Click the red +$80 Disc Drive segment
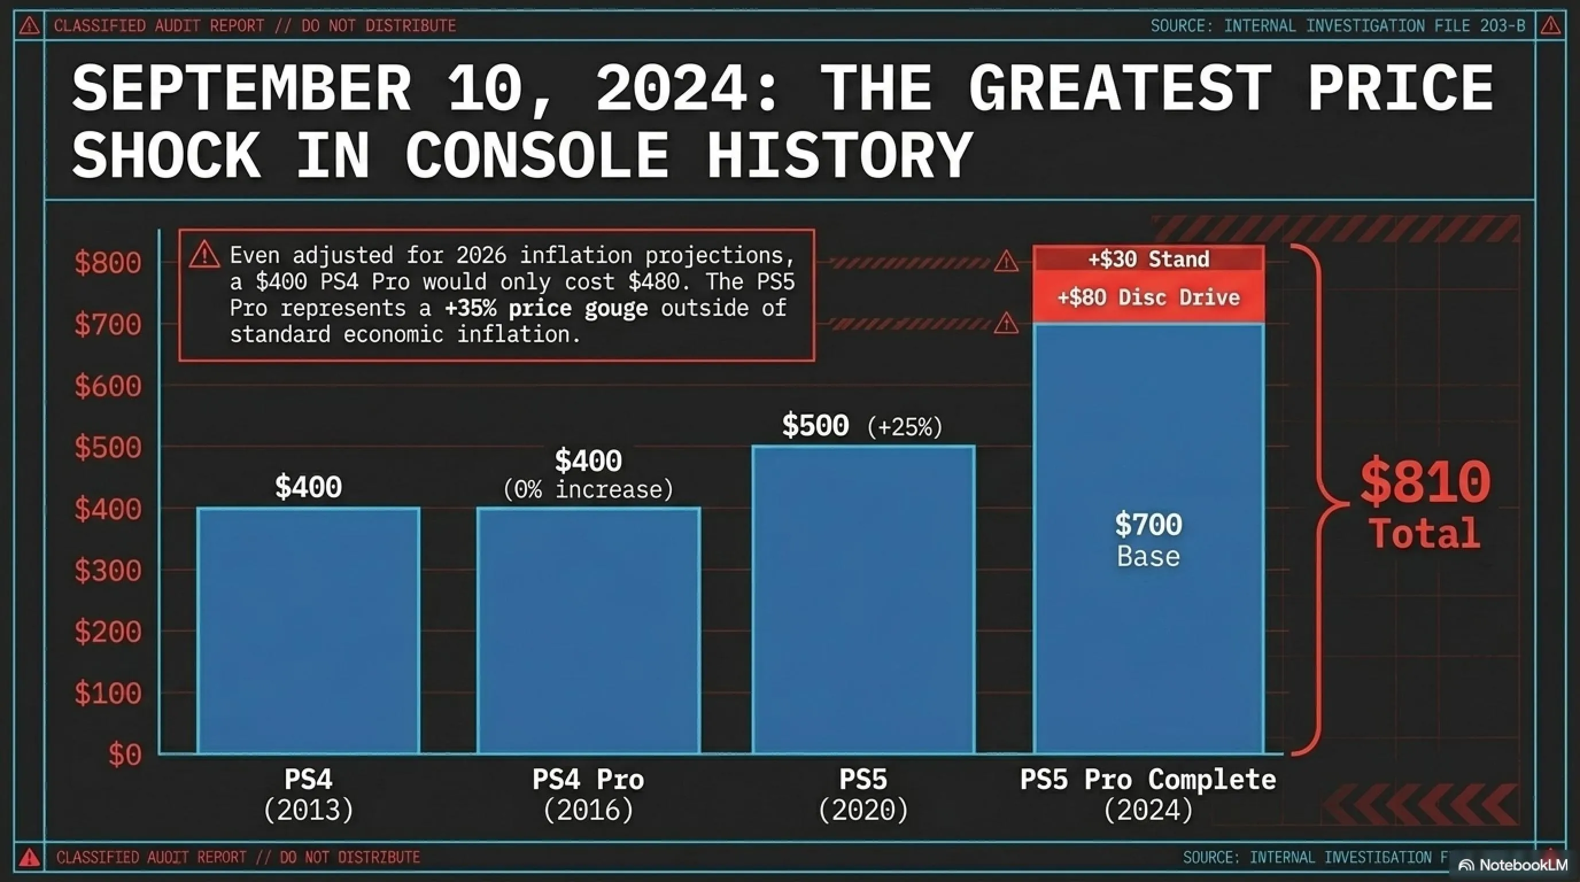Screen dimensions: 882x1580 coord(1148,298)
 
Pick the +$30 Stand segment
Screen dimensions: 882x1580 coord(1148,259)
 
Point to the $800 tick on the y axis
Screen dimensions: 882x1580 coord(108,263)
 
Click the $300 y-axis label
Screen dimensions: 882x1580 coord(108,570)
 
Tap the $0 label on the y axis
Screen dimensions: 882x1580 coord(125,755)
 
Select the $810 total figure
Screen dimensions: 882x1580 coord(1425,482)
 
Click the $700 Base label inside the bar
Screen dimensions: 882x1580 coord(1148,540)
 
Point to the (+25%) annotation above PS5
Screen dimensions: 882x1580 coord(905,427)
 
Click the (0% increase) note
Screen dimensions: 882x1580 coord(588,490)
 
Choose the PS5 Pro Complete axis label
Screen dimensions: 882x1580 coord(1148,780)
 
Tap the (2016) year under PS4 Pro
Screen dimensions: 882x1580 coord(588,810)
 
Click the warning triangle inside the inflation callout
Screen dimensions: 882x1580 coord(204,254)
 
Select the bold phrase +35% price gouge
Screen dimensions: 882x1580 coord(546,308)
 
